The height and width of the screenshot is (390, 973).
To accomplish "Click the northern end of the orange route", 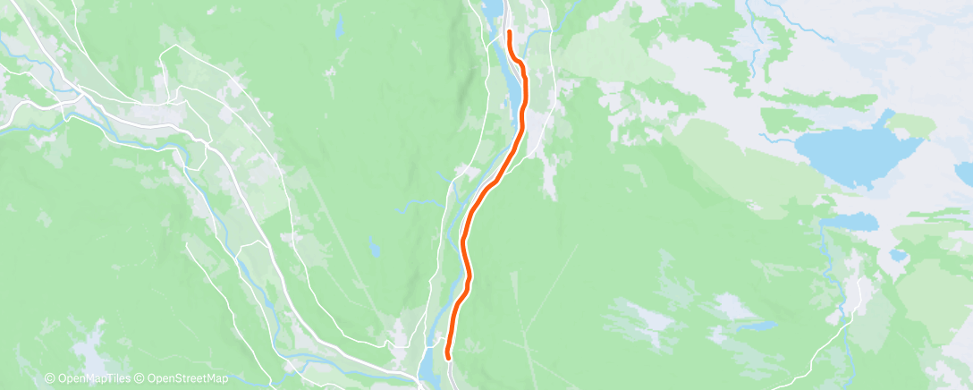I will pos(509,32).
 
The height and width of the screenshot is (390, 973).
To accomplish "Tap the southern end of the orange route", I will pos(447,359).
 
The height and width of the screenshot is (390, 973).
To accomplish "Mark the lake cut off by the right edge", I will pos(964,172).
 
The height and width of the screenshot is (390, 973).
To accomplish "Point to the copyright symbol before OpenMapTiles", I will pos(50,379).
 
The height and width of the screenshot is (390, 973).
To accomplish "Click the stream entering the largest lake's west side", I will pos(778,140).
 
